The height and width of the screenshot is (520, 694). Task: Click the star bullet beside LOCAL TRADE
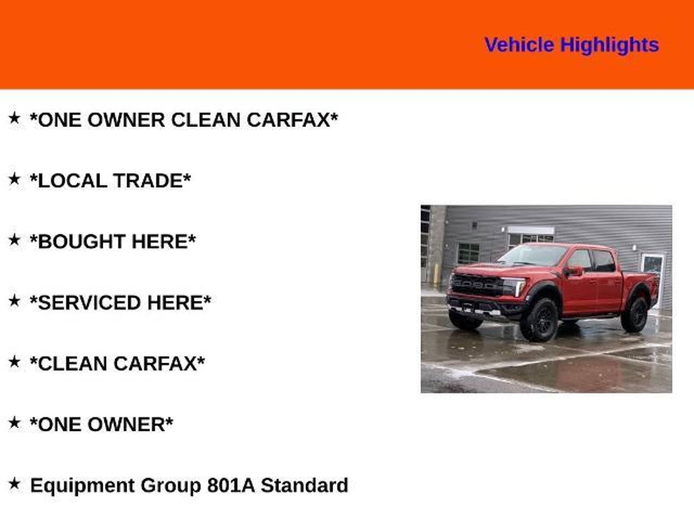(14, 179)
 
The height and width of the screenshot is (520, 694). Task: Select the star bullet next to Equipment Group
(14, 483)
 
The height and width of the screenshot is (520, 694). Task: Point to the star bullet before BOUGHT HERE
(14, 240)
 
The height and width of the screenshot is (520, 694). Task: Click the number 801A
(230, 485)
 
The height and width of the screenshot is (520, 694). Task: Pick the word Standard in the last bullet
(304, 485)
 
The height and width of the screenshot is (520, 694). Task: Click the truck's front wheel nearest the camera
(539, 320)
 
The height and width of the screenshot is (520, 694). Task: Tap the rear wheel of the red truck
(635, 314)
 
